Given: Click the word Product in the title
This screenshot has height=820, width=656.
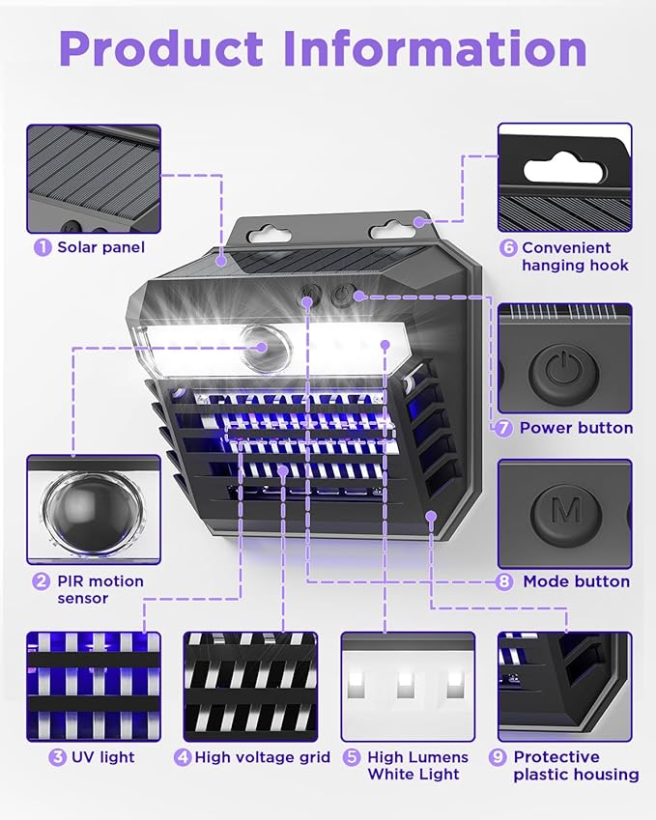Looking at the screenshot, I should pyautogui.click(x=160, y=48).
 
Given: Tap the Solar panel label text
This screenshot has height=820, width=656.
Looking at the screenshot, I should pyautogui.click(x=100, y=247).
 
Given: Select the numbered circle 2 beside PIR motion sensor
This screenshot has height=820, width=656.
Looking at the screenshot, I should pyautogui.click(x=42, y=581).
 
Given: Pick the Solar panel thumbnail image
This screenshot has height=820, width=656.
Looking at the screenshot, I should pyautogui.click(x=93, y=178).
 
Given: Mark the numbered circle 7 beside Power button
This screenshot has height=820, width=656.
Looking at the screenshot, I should pyautogui.click(x=504, y=428).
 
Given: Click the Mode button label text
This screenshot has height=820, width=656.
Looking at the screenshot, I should pyautogui.click(x=576, y=581).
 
